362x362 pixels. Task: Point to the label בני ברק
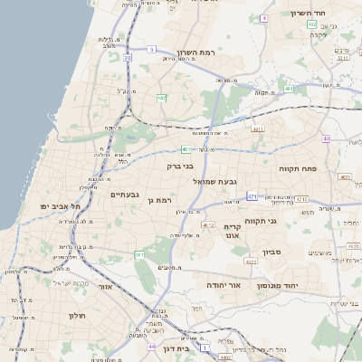pos(180,167)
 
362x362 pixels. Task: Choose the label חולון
pos(75,316)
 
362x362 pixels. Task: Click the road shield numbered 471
pos(252,195)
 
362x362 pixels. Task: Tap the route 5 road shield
pos(152,49)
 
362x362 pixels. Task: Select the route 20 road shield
pos(128,58)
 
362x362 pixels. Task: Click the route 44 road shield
pos(149,346)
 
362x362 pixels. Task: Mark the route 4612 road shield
pos(208,225)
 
